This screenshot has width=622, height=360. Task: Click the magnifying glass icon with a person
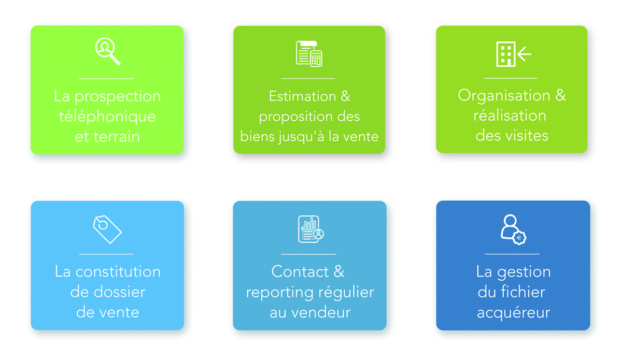pyautogui.click(x=107, y=51)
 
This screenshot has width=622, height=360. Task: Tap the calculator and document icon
pyautogui.click(x=309, y=54)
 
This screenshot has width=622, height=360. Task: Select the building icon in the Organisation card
pyautogui.click(x=506, y=54)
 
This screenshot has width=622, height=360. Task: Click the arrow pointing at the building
pyautogui.click(x=524, y=53)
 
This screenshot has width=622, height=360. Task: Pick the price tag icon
pyautogui.click(x=107, y=229)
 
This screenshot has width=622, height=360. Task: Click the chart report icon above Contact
pyautogui.click(x=310, y=229)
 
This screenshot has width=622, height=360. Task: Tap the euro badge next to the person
pyautogui.click(x=519, y=238)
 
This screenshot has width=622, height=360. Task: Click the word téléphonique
pyautogui.click(x=107, y=117)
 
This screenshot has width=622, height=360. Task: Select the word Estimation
pyautogui.click(x=302, y=96)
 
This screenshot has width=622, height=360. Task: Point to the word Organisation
pyautogui.click(x=504, y=96)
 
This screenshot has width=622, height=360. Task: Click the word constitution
pyautogui.click(x=118, y=271)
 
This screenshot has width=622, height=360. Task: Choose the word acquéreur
pyautogui.click(x=514, y=313)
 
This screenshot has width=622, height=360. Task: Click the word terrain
pyautogui.click(x=116, y=137)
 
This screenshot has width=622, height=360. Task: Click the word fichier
pyautogui.click(x=523, y=292)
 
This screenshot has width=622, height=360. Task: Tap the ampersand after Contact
pyautogui.click(x=339, y=271)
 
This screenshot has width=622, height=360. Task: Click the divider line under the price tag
pyautogui.click(x=106, y=254)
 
